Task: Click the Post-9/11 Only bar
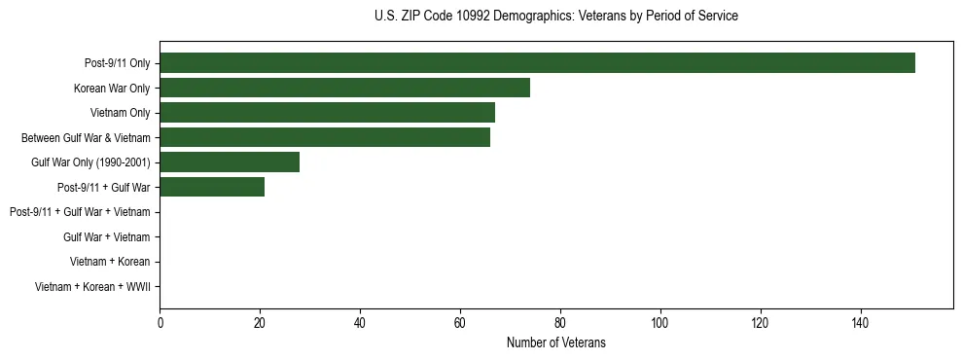[537, 63]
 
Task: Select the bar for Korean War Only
[344, 88]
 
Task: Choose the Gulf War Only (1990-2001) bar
[230, 162]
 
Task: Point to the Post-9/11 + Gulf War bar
[212, 187]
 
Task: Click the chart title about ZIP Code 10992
[555, 17]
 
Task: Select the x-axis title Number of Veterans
[555, 342]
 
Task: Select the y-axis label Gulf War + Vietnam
[106, 236]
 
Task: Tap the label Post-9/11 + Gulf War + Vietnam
[80, 212]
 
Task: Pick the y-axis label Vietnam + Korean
[110, 262]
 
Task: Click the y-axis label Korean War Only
[112, 89]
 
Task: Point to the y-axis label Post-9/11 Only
[118, 63]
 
